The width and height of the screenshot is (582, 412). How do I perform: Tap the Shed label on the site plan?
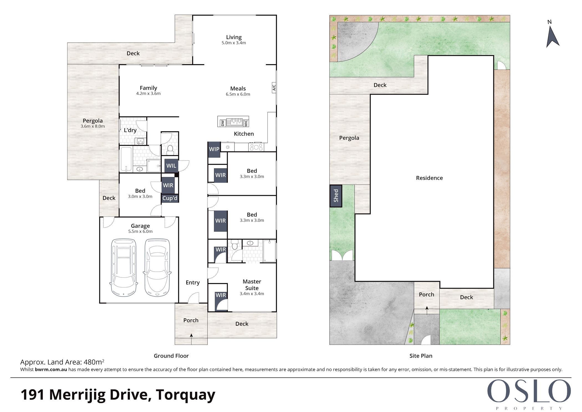[336, 196]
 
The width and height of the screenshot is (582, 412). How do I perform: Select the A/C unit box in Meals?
[274, 88]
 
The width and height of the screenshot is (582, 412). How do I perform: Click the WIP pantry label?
[214, 149]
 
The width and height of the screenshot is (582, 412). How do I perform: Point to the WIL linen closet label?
[171, 166]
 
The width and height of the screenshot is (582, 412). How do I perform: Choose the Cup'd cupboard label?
[170, 198]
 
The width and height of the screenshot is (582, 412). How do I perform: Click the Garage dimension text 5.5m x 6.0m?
[140, 231]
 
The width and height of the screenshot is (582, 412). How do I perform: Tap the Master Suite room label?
[252, 285]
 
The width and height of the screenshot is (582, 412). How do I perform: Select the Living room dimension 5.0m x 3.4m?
[234, 43]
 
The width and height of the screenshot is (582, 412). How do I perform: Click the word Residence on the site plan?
[429, 178]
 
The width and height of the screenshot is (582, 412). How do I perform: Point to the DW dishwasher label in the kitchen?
[222, 123]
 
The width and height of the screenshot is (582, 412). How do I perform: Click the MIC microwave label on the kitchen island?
[246, 123]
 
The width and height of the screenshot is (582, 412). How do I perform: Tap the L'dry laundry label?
[130, 130]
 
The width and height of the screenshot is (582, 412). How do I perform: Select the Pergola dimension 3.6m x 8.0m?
[93, 126]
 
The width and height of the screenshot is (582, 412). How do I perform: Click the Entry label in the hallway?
[193, 283]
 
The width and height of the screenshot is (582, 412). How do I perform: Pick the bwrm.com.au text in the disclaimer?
[51, 370]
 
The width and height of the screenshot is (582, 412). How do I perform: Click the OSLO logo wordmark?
[529, 391]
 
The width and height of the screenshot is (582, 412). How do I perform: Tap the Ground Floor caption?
[171, 356]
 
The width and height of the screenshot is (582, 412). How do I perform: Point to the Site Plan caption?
[421, 356]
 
